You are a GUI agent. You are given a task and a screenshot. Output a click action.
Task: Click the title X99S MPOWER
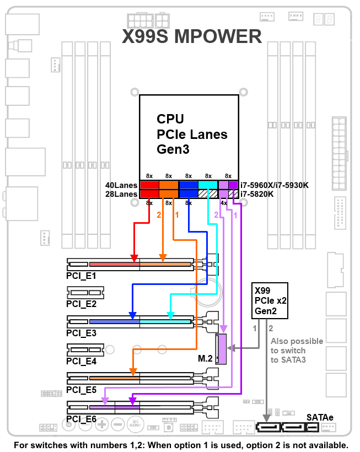191,37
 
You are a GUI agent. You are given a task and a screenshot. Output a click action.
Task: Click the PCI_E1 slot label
81,275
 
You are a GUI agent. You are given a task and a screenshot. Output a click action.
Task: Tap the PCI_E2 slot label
81,303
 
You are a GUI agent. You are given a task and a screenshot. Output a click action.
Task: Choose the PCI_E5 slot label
81,390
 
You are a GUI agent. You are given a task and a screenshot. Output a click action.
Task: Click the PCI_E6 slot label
81,419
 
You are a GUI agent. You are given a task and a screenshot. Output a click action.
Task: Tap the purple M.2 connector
222,349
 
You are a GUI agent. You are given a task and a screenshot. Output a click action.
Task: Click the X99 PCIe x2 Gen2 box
270,301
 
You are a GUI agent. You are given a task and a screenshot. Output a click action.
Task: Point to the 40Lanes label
121,185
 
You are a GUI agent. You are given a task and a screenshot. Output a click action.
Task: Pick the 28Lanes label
121,194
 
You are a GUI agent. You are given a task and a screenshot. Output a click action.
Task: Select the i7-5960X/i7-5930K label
275,185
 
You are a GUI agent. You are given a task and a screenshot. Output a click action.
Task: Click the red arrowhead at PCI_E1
134,257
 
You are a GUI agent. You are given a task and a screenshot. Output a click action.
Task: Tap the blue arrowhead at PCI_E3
132,315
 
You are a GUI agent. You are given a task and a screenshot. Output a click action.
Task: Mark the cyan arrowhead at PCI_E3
171,315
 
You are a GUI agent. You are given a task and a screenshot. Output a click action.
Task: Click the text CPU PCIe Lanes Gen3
192,134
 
